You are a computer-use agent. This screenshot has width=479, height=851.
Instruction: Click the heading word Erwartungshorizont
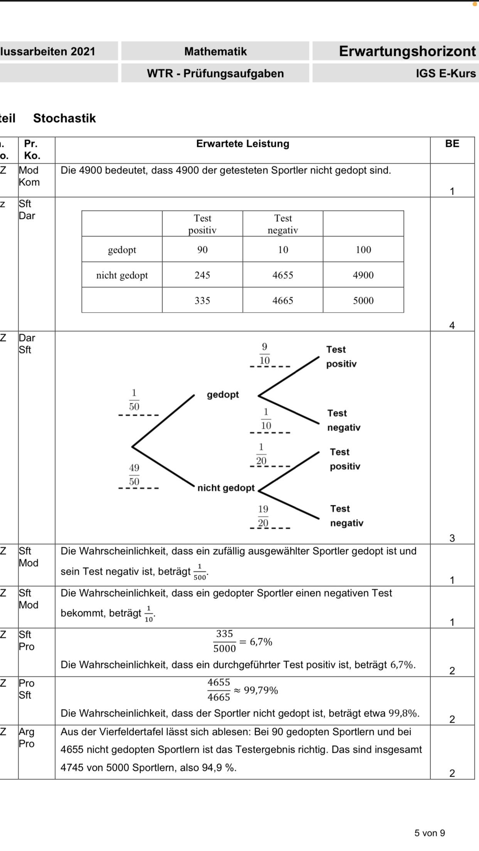pos(407,51)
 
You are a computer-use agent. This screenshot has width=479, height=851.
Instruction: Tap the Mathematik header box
pos(215,51)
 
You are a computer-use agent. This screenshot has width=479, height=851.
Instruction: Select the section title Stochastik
pos(64,118)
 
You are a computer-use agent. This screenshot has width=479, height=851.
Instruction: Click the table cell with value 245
pos(202,275)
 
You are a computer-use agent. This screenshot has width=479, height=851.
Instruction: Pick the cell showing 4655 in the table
pos(283,275)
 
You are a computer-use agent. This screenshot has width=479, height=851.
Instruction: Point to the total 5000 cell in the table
pos(363,301)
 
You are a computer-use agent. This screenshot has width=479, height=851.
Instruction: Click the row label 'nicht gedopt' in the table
pos(122,275)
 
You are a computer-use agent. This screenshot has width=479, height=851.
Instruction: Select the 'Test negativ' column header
pos(283,224)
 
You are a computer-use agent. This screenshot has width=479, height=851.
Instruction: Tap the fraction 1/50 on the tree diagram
pos(134,400)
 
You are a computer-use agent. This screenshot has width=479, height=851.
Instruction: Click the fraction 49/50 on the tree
pos(134,474)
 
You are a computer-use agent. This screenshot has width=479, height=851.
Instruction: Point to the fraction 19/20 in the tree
pos(263,516)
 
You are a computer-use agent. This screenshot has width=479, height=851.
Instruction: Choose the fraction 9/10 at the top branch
pos(264,353)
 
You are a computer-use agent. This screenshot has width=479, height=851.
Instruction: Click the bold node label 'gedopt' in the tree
pos(223,395)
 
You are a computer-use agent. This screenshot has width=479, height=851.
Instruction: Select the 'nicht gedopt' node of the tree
pos(226,488)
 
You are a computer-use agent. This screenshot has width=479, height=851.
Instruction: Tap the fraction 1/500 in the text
pos(199,572)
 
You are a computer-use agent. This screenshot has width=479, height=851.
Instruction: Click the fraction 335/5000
pos(224,641)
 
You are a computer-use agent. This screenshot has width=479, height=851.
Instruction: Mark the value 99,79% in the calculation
pos(261,690)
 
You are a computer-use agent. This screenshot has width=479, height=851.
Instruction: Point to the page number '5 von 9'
pos(429,833)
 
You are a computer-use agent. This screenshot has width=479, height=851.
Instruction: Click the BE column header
pos(452,144)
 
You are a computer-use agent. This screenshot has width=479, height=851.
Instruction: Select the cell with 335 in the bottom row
pos(202,301)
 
